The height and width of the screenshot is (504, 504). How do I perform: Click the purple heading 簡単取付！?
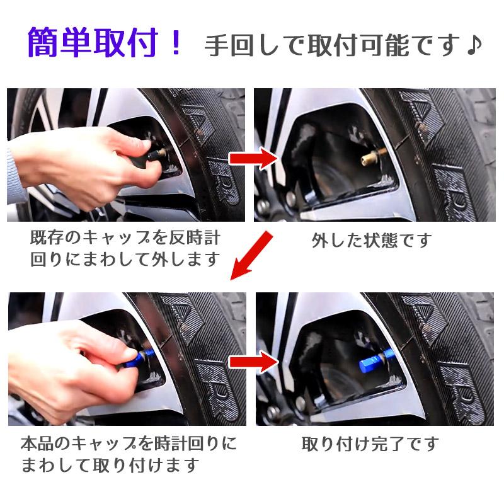pos(104,42)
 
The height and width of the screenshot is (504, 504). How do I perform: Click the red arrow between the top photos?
pos(254,158)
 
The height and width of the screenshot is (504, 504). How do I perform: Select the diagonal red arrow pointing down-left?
pos(251,256)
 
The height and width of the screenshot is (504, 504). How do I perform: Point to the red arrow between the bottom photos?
pos(254,362)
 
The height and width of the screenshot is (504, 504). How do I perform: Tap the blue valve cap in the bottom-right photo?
pos(373,362)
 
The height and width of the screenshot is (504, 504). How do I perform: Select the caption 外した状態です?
pos(371,241)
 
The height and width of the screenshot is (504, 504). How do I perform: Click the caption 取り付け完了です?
pos(370,444)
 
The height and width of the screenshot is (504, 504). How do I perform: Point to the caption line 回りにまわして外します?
pos(125,260)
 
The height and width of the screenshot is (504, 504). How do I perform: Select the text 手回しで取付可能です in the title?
pos(333,45)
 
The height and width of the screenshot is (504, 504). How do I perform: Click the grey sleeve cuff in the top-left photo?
pos(14,174)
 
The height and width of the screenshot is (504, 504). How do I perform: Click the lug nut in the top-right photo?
pos(292,197)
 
